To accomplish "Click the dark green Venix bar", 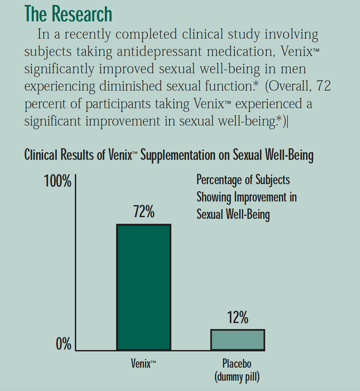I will [x=143, y=287].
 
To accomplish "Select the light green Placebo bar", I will [x=238, y=340].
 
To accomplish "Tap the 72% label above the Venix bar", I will [x=144, y=211].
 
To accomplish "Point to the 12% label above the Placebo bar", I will [x=238, y=317].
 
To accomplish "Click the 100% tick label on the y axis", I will [x=58, y=181].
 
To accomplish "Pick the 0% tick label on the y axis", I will [x=64, y=344].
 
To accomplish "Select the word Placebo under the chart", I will [x=237, y=363].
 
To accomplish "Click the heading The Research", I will [x=68, y=14].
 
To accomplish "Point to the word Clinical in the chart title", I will [x=41, y=155].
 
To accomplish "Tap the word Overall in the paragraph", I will [x=289, y=86].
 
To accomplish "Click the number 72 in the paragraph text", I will [x=323, y=86].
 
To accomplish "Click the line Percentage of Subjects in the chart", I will [x=243, y=180].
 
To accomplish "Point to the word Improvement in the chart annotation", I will [x=261, y=197].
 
